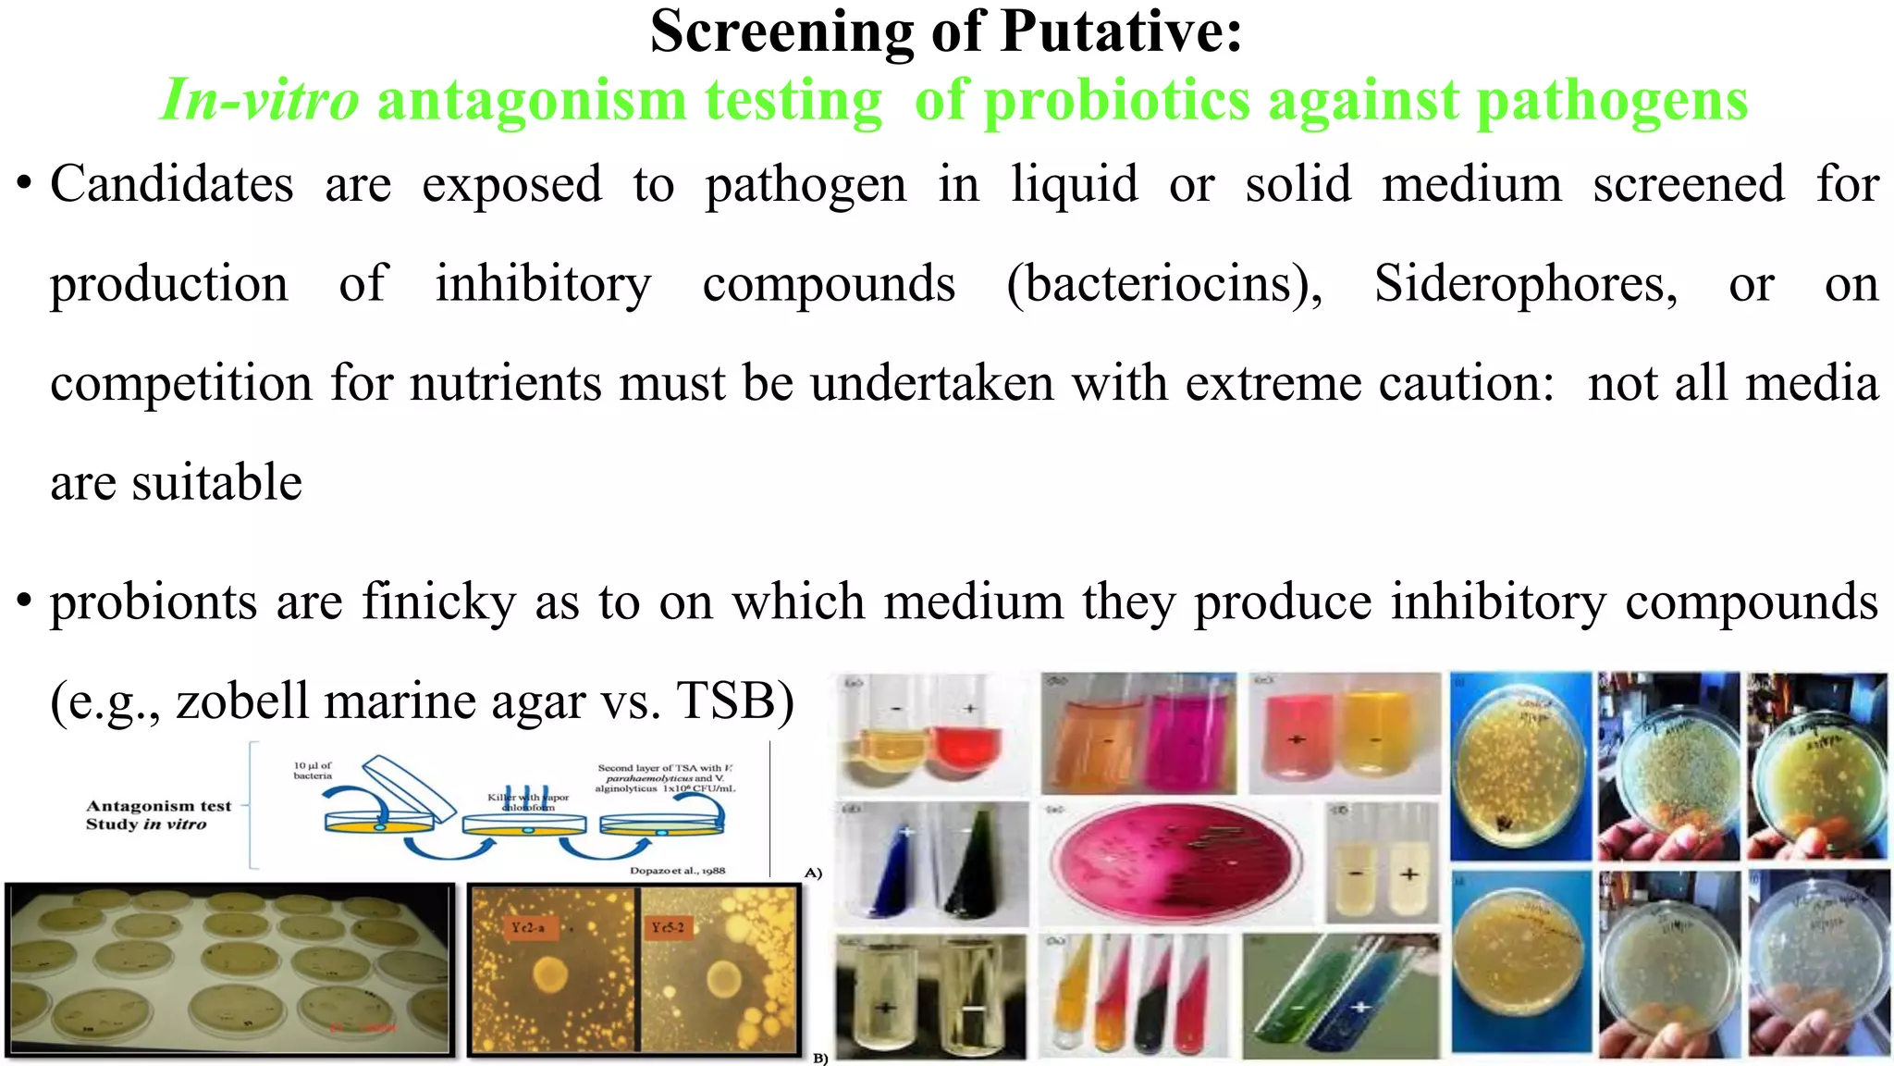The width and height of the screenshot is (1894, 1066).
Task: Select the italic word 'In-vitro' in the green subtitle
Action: click(x=260, y=100)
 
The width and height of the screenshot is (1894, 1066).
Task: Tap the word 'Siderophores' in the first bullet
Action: click(x=1525, y=283)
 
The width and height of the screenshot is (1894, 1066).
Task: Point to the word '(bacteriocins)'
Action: click(x=1164, y=283)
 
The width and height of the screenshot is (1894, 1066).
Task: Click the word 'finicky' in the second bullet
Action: click(x=438, y=601)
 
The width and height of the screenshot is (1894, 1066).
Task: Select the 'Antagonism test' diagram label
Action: click(x=158, y=806)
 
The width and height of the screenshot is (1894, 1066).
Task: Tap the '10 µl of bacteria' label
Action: click(x=313, y=770)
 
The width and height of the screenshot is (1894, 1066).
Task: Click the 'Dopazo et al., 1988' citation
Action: click(x=677, y=871)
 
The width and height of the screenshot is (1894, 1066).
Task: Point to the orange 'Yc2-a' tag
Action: click(x=527, y=927)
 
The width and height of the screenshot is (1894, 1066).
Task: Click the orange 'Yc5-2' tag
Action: click(x=667, y=927)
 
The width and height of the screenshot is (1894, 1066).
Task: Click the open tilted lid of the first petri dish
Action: click(x=407, y=786)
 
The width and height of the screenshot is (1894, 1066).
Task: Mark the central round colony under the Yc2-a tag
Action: click(x=551, y=973)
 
